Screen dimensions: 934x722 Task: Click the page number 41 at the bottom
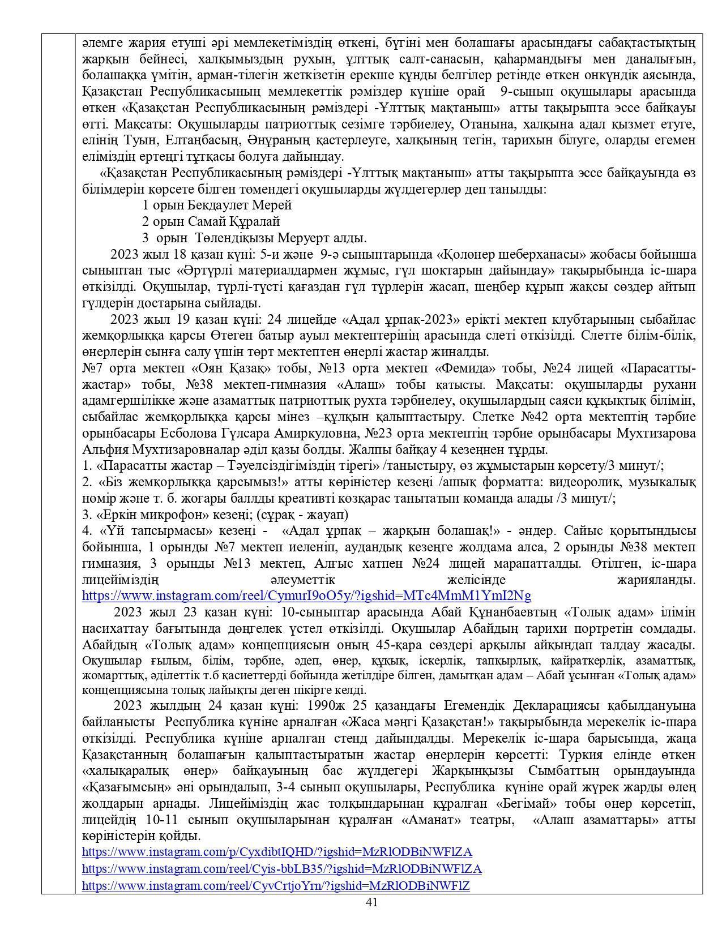click(x=372, y=902)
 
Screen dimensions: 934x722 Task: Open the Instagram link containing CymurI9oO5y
click(x=306, y=595)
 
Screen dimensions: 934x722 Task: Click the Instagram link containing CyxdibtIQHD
click(x=277, y=852)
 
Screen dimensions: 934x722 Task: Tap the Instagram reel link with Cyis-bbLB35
click(x=281, y=868)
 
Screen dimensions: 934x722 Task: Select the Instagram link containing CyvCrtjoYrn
click(x=276, y=885)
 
